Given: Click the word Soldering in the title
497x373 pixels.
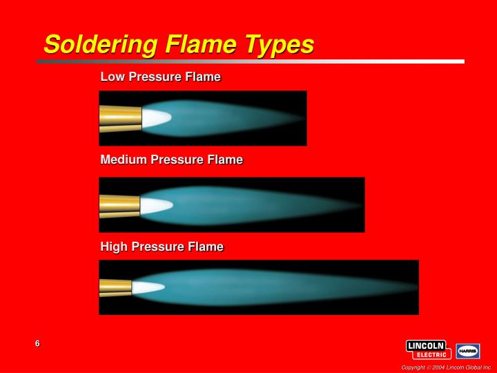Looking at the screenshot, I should pyautogui.click(x=100, y=44).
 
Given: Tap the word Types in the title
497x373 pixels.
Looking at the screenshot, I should pyautogui.click(x=280, y=44).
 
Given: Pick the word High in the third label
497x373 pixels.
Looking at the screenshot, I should pyautogui.click(x=114, y=247).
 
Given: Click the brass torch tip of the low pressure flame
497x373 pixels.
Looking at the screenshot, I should pyautogui.click(x=120, y=118).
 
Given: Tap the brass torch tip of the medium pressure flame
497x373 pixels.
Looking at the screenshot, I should pyautogui.click(x=119, y=205).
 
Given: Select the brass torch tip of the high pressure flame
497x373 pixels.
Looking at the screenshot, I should pyautogui.click(x=115, y=287).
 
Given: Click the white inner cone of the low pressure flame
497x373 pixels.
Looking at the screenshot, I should pyautogui.click(x=155, y=117).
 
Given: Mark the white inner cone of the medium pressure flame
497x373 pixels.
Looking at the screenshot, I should pyautogui.click(x=155, y=205).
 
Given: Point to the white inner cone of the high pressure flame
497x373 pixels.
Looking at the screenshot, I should pyautogui.click(x=147, y=287).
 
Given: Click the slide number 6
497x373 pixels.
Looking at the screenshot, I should pyautogui.click(x=37, y=344).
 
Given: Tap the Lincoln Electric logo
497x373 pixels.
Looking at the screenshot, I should pyautogui.click(x=428, y=350).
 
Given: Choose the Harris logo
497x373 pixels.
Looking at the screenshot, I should pyautogui.click(x=468, y=351).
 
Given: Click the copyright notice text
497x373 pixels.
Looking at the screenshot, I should pyautogui.click(x=447, y=367).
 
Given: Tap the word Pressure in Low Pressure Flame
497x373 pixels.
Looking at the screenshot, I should pyautogui.click(x=155, y=77).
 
